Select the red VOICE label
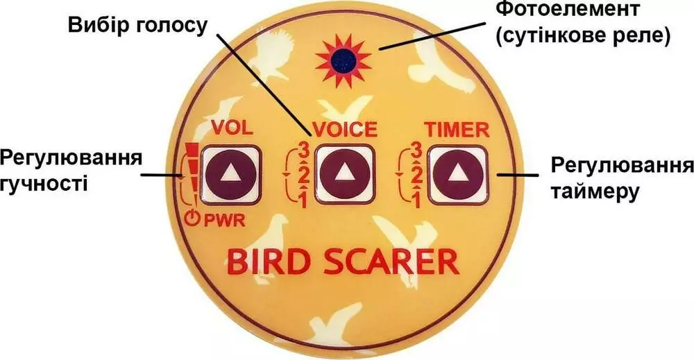pos(344,129)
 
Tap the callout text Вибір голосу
pos(137,26)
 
